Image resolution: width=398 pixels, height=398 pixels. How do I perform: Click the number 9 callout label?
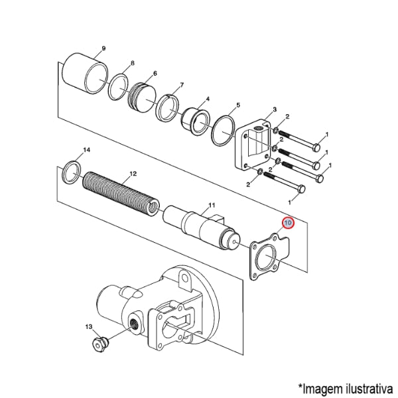click(103, 49)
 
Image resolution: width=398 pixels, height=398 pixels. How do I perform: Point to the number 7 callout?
click(181, 85)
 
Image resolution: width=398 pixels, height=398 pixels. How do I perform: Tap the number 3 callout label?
click(274, 109)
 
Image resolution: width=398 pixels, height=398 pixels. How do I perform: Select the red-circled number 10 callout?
click(288, 224)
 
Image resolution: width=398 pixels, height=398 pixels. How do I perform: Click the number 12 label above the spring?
click(133, 174)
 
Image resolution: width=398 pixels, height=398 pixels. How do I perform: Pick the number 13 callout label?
click(88, 327)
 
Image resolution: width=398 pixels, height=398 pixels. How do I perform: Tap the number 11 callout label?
click(212, 204)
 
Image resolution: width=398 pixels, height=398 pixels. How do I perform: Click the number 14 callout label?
click(86, 151)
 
